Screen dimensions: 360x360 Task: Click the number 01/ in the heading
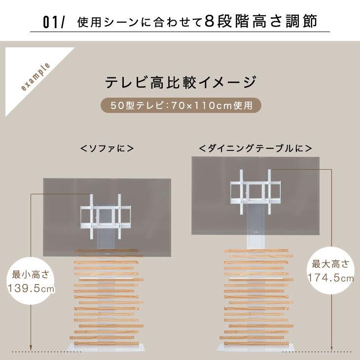click(x=54, y=23)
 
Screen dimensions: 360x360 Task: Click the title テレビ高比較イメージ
click(x=180, y=82)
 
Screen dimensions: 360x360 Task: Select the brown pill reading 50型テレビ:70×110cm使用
click(x=180, y=105)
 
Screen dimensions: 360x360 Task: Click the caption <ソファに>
click(x=108, y=148)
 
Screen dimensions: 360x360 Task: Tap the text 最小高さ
click(x=31, y=274)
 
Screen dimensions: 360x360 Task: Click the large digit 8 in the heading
click(x=209, y=23)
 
